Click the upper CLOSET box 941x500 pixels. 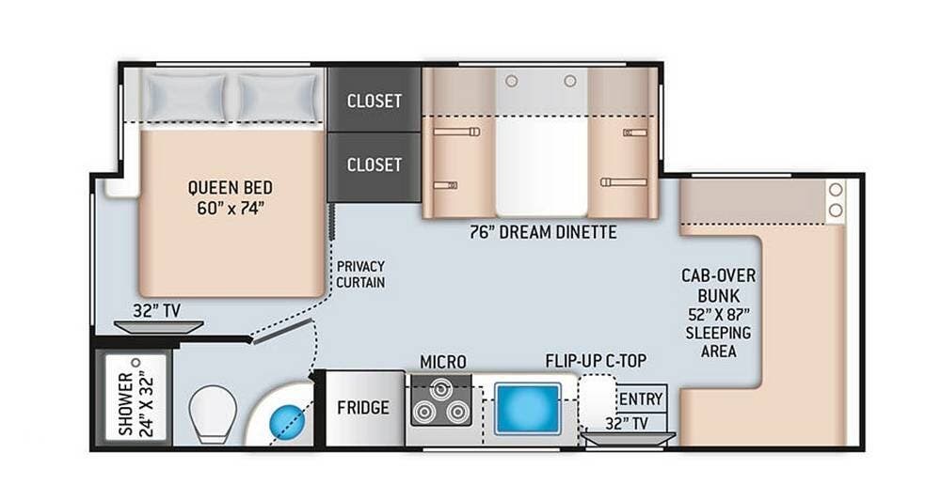(374, 100)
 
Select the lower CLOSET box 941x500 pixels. (374, 166)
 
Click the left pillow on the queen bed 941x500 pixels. (184, 97)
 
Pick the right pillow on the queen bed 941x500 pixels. (278, 97)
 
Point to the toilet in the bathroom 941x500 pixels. (213, 414)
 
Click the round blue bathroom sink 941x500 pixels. (287, 421)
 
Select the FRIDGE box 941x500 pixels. (363, 408)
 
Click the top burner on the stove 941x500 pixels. (441, 388)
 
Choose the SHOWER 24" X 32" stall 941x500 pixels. (136, 398)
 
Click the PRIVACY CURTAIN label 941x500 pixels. (360, 274)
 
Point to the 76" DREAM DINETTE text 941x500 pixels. (543, 232)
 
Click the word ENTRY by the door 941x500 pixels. (641, 398)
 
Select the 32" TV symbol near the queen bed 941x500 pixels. (158, 327)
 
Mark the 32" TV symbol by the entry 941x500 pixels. (629, 439)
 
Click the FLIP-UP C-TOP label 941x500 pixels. (596, 361)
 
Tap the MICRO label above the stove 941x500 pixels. (443, 362)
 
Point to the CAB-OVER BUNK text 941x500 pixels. (718, 286)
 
